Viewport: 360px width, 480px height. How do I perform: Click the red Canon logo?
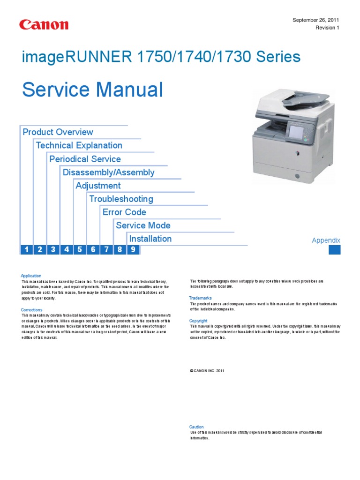pyautogui.click(x=44, y=25)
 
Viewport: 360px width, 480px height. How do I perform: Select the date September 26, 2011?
pyautogui.click(x=315, y=20)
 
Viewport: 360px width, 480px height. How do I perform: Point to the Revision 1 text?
pyautogui.click(x=327, y=28)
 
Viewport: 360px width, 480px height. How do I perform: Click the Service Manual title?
pyautogui.click(x=93, y=90)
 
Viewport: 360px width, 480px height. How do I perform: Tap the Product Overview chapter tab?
pyautogui.click(x=58, y=132)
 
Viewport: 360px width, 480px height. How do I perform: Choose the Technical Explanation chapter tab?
pyautogui.click(x=79, y=145)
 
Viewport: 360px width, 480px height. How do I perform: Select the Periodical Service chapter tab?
pyautogui.click(x=85, y=159)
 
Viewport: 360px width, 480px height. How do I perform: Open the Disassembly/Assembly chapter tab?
pyautogui.click(x=109, y=172)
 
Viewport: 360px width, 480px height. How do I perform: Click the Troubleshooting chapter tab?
pyautogui.click(x=121, y=199)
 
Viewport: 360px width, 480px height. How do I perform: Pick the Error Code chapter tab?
pyautogui.click(x=125, y=212)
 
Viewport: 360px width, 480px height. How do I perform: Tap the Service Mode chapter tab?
pyautogui.click(x=143, y=225)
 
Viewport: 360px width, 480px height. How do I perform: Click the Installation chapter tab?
pyautogui.click(x=150, y=239)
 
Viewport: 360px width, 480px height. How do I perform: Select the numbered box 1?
pyautogui.click(x=27, y=250)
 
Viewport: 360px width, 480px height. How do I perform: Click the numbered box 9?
pyautogui.click(x=133, y=250)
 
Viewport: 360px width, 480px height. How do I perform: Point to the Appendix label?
pyautogui.click(x=326, y=240)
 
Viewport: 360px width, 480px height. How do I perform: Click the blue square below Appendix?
pyautogui.click(x=334, y=250)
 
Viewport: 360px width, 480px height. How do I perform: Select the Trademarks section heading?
pyautogui.click(x=200, y=298)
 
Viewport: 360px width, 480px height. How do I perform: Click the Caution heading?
pyautogui.click(x=196, y=427)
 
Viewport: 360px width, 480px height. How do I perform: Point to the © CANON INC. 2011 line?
pyautogui.click(x=207, y=370)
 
